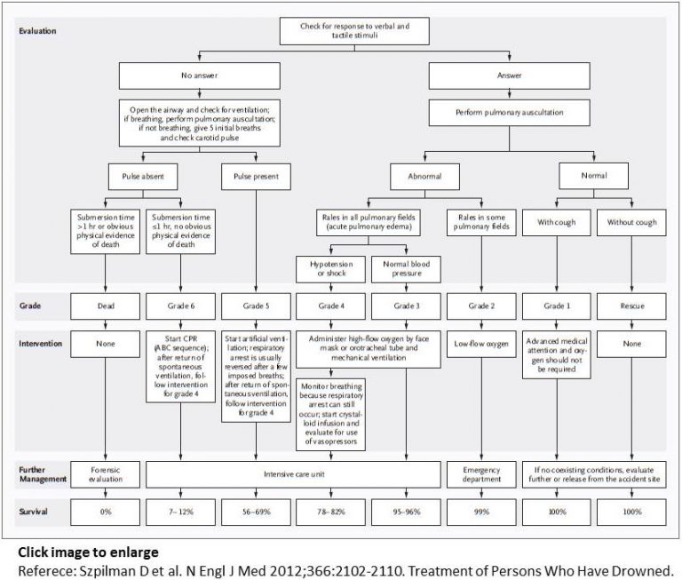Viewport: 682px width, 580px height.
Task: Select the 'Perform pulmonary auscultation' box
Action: click(x=509, y=113)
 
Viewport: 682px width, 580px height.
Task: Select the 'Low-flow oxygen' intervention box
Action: click(x=481, y=342)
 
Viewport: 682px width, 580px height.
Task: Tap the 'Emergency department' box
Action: click(x=481, y=475)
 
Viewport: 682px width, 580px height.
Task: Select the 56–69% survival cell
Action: click(x=256, y=513)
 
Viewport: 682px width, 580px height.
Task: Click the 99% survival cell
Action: click(x=481, y=513)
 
